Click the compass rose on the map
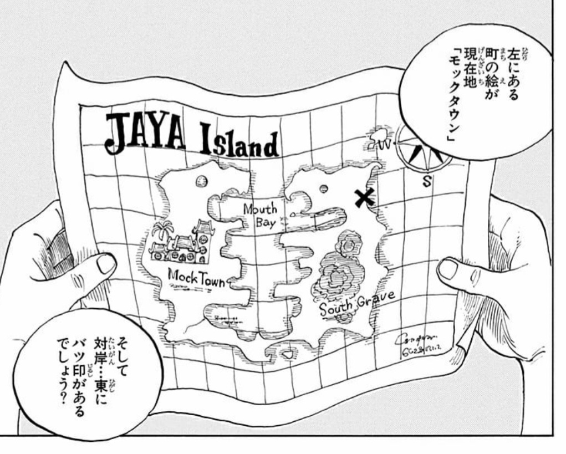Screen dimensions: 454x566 click(x=422, y=146)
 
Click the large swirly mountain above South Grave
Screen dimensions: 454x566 click(x=339, y=275)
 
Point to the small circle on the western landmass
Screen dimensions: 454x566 click(x=202, y=181)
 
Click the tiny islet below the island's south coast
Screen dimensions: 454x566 click(x=288, y=353)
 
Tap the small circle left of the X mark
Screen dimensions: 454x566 click(x=325, y=189)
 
